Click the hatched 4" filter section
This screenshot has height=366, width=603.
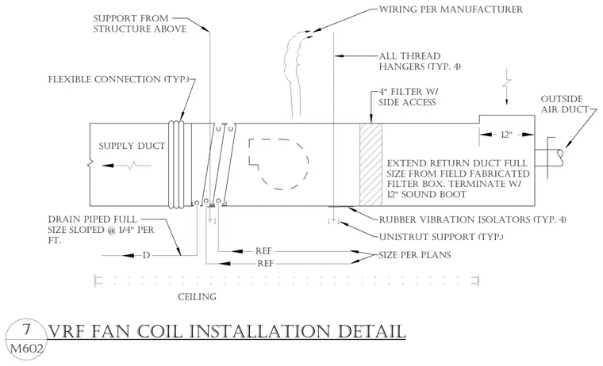click(371, 164)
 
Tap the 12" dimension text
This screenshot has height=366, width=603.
click(506, 135)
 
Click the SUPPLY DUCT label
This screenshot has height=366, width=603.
click(132, 146)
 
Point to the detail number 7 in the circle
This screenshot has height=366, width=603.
click(26, 330)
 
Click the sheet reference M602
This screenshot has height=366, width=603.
click(26, 349)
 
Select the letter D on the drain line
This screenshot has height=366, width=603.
click(146, 255)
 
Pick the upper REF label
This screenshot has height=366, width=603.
click(263, 251)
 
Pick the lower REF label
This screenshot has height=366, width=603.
click(266, 264)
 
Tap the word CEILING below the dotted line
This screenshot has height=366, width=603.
click(197, 297)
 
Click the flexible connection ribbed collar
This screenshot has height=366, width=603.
click(176, 164)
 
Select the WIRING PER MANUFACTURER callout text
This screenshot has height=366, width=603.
click(451, 10)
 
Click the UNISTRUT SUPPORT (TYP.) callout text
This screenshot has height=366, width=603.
click(441, 237)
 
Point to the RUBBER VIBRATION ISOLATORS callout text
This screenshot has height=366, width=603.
click(473, 219)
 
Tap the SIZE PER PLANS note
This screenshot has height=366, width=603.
click(414, 255)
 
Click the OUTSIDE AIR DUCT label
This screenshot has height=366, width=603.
click(565, 104)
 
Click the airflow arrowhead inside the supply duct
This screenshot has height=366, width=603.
click(108, 166)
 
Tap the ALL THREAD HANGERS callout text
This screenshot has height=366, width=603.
click(420, 62)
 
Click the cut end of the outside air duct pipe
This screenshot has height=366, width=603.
click(562, 158)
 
